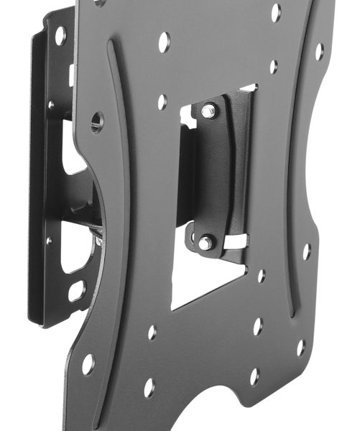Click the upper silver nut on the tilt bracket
coord(208,111)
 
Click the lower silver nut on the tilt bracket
coord(204,243)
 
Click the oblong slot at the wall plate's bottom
coord(76,291)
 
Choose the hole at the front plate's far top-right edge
coord(319,52)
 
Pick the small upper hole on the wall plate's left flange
coord(50,105)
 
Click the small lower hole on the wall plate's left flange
coord(49,241)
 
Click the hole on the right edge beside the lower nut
coord(307,251)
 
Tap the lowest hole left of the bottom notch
coord(149,388)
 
